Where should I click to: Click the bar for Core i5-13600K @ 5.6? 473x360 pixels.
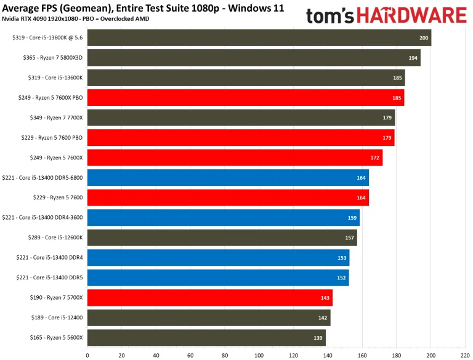[259, 38]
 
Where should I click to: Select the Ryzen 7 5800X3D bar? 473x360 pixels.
[254, 58]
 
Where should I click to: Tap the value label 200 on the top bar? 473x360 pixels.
[424, 38]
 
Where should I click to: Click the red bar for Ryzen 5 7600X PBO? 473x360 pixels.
[245, 98]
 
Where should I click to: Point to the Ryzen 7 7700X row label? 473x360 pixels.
[56, 118]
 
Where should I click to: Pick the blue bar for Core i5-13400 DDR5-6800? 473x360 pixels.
[228, 178]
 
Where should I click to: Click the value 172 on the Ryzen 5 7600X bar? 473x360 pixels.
[375, 158]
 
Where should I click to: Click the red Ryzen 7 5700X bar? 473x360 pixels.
[209, 298]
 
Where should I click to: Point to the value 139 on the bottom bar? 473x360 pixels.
[318, 338]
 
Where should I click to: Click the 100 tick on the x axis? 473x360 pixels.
[259, 354]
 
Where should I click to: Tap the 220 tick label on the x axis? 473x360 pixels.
[465, 354]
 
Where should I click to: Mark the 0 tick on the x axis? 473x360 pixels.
[87, 354]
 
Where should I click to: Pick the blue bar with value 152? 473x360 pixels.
[218, 278]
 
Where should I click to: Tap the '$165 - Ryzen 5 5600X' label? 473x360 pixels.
[55, 338]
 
